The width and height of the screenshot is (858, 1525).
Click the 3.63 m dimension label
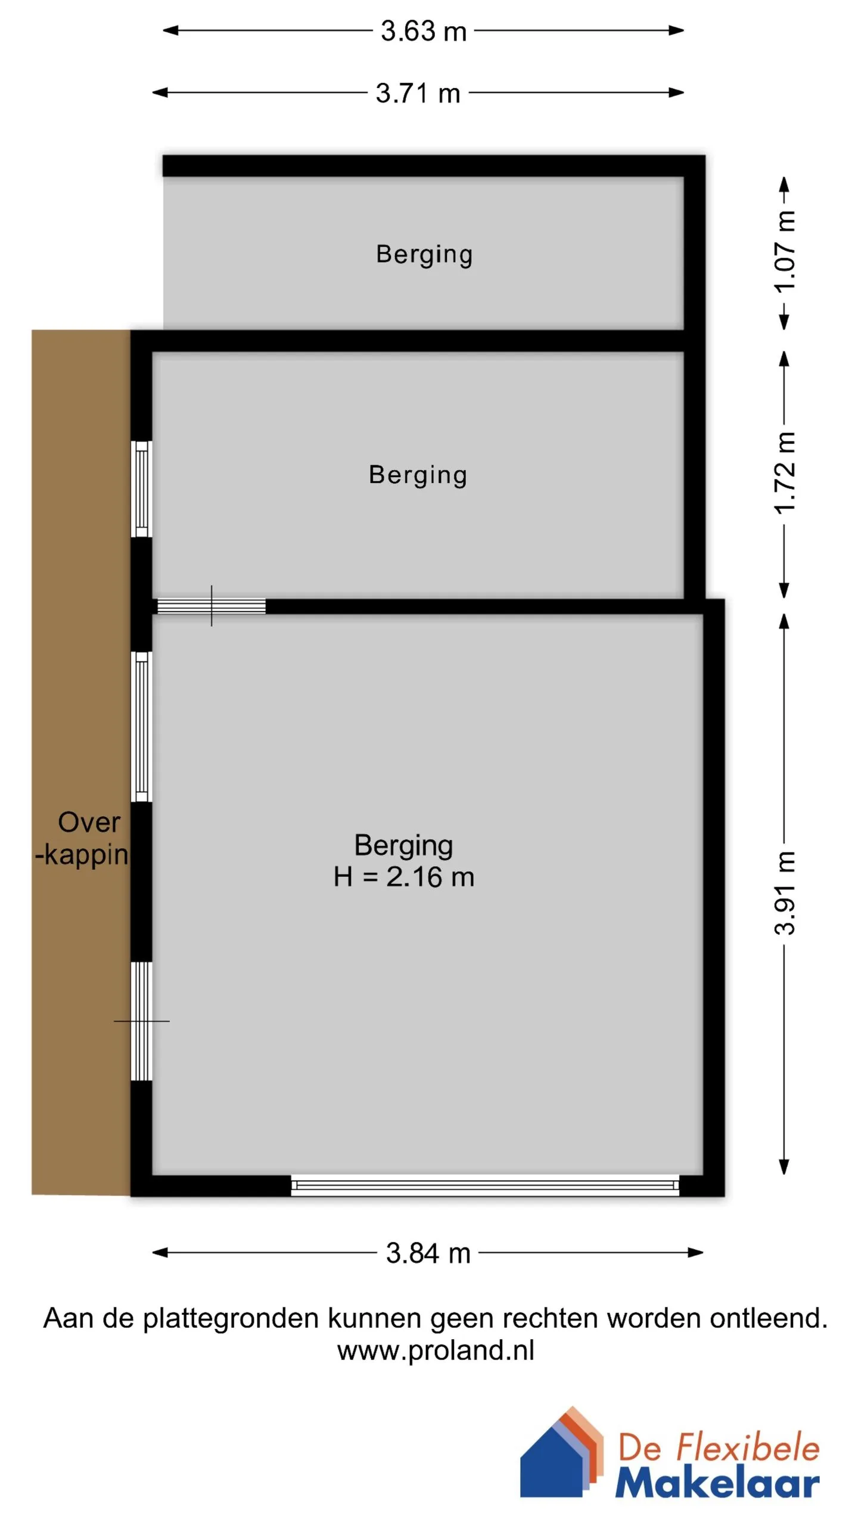pos(424,31)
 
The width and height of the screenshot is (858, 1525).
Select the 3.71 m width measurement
pos(418,93)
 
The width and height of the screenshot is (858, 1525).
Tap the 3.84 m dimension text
pos(428,1253)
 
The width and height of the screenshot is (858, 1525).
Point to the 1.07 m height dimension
pos(785,251)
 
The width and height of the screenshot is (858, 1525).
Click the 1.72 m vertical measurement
pos(785,473)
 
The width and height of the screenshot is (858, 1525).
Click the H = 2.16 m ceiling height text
pos(404,877)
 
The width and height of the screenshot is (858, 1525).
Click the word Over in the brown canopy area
pos(89,822)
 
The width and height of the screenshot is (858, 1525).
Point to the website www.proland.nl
pos(436,1350)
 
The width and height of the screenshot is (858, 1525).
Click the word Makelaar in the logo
pos(717,1483)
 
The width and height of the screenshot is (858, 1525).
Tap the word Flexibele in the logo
pos(748,1448)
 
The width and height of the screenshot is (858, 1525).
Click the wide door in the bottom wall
pos(485,1185)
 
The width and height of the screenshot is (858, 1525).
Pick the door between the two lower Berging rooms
pos(211,606)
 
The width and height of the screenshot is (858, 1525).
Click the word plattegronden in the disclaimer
pos(231,1319)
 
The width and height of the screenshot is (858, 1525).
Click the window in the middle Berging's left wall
pos(142,489)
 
